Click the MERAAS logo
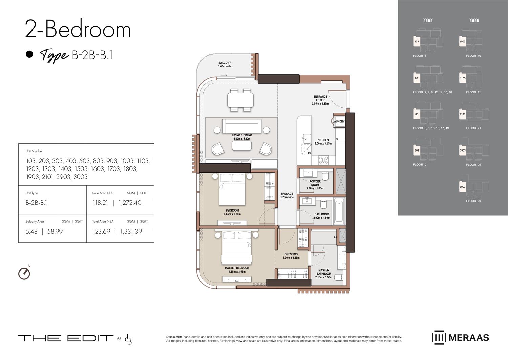460,338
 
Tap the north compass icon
24,273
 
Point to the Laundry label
338,121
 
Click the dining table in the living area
240,100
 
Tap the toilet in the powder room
325,176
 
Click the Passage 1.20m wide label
287,195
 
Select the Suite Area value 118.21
100,203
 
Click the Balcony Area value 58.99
55,232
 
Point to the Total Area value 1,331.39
131,232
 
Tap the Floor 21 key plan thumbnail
473,114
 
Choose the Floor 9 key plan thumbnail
427,150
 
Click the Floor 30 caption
473,201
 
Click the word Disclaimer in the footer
174,337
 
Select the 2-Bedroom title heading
78,29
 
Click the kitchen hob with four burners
324,160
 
